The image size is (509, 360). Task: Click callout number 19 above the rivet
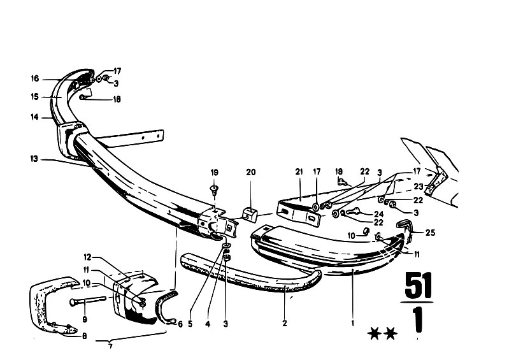pos(214,173)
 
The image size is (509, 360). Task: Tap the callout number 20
pos(250,172)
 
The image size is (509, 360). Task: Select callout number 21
pos(299,172)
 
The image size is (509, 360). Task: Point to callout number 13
pos(34,159)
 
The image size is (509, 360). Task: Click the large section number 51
pos(419,285)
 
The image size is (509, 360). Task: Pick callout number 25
pos(430,233)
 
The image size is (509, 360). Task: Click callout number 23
pos(419,187)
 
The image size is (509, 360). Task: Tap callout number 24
pos(378,214)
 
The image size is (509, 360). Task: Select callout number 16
pos(35,78)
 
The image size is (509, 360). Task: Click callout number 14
pos(34,117)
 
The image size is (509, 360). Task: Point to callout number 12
pos(87,257)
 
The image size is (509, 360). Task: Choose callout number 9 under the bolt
pos(85,319)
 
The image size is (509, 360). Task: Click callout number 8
pos(84,336)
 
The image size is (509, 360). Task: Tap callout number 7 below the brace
pos(110,347)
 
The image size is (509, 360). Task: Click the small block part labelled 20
pos(250,214)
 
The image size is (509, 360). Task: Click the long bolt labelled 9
pos(88,301)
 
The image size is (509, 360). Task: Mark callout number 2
pos(285,323)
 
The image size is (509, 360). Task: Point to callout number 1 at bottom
pos(352,323)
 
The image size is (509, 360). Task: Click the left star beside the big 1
pos(375,333)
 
